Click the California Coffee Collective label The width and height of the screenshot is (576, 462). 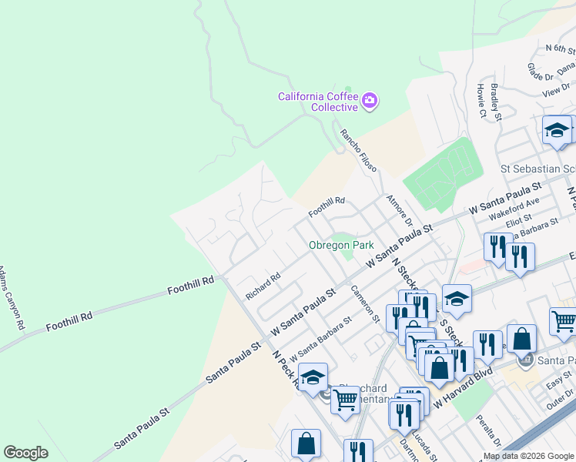tap(319, 102)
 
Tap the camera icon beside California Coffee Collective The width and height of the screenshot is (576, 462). tap(370, 100)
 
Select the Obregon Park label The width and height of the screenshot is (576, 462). tap(341, 245)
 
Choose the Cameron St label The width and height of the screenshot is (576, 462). tap(366, 303)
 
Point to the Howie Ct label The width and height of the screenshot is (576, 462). tap(481, 102)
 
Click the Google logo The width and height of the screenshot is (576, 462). tap(25, 453)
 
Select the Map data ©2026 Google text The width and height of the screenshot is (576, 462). tap(528, 456)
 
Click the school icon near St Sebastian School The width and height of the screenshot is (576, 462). tap(556, 131)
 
